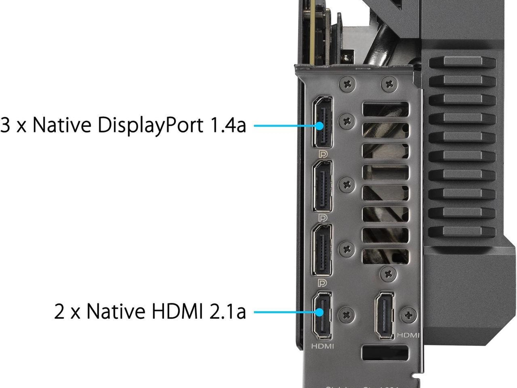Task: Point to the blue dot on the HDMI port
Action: click(320, 312)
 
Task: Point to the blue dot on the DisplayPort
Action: click(320, 126)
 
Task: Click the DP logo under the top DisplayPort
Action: click(323, 154)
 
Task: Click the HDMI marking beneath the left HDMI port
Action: click(322, 346)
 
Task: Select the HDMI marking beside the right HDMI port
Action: click(408, 335)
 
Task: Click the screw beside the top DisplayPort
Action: click(347, 121)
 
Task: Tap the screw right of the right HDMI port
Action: click(408, 315)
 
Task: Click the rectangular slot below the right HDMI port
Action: click(385, 353)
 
